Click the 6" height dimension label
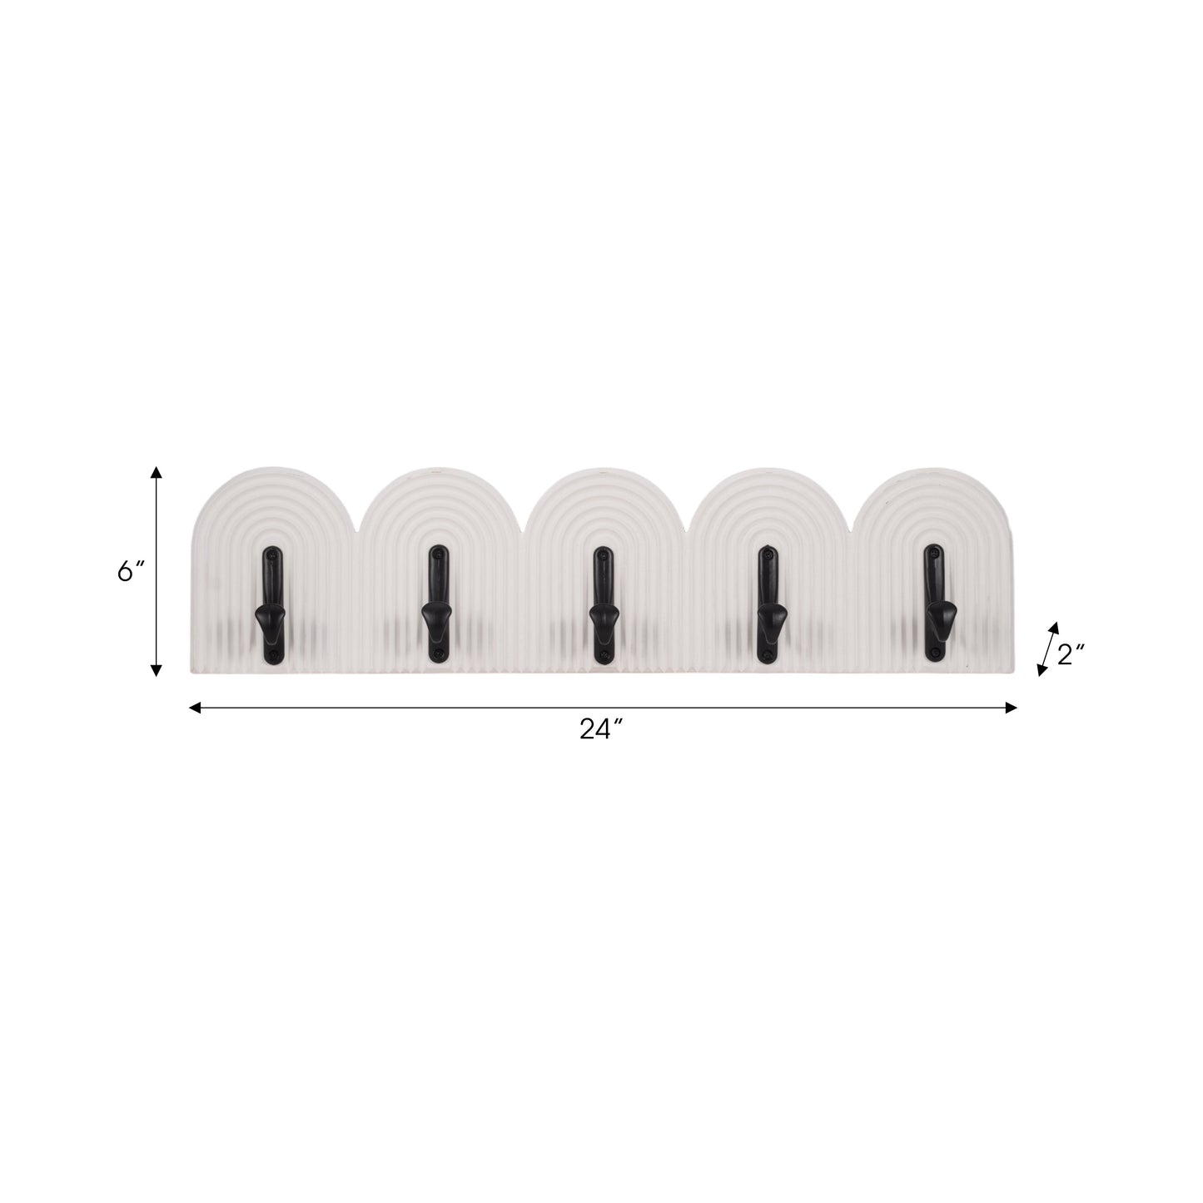point(131,571)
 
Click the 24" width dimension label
point(602,729)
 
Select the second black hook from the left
point(435,604)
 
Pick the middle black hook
point(600,604)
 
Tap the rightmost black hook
point(935,604)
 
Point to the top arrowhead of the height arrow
point(156,473)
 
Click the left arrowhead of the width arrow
point(195,708)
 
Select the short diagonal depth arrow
point(1047,648)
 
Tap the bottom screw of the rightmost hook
point(935,654)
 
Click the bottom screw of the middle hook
point(600,656)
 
